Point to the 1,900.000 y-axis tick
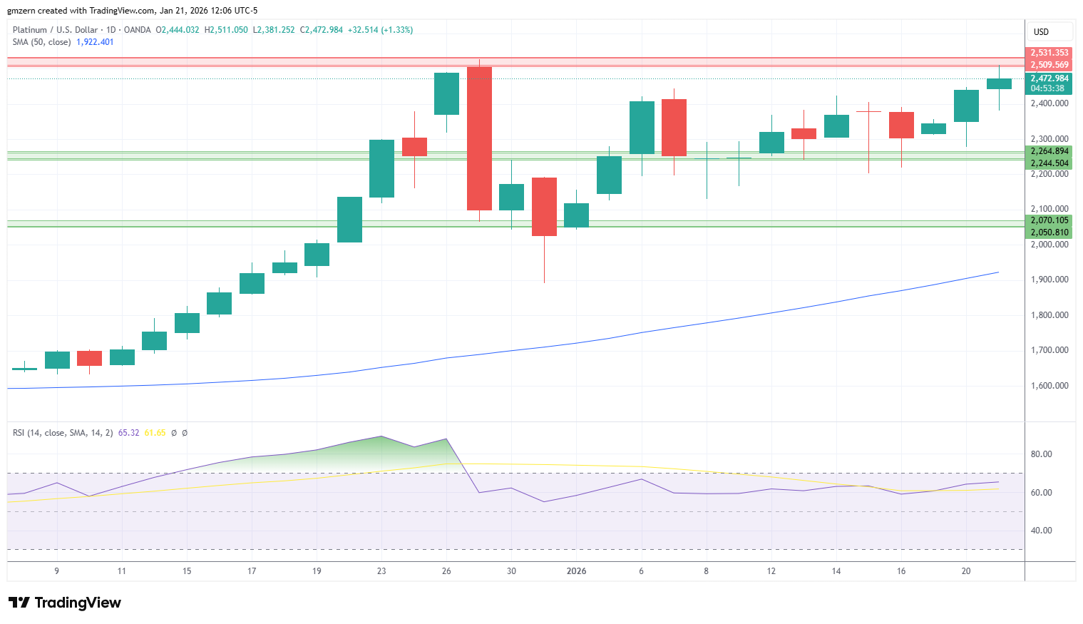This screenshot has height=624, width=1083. [x=1049, y=280]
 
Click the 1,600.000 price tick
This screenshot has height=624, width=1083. [x=1049, y=386]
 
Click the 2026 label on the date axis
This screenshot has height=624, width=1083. [x=576, y=571]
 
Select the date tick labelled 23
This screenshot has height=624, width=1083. [x=381, y=571]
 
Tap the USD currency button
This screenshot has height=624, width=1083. [x=1041, y=32]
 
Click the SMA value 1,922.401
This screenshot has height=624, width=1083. [x=95, y=42]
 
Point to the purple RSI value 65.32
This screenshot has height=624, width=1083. [x=128, y=433]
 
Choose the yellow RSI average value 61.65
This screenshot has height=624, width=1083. [x=155, y=433]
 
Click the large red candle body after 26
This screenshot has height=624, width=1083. [x=479, y=138]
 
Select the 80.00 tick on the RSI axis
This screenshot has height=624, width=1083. [x=1041, y=454]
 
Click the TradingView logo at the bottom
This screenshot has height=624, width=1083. [x=65, y=603]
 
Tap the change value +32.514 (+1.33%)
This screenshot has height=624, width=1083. [x=380, y=30]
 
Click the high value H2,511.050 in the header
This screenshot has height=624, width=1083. [x=226, y=30]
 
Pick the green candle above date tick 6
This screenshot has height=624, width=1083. [x=642, y=128]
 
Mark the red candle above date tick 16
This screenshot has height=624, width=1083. [x=901, y=126]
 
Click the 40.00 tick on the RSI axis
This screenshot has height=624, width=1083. [x=1041, y=531]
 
